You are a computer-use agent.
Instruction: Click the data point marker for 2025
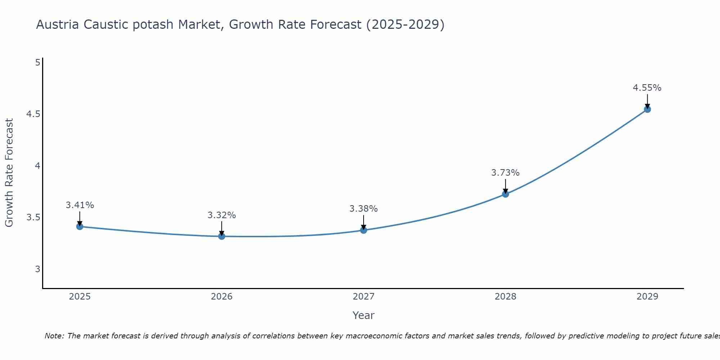click(x=80, y=226)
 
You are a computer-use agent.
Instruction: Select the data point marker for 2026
click(x=222, y=236)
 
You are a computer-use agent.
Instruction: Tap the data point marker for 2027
click(x=364, y=230)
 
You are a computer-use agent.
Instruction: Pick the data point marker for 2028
click(x=505, y=194)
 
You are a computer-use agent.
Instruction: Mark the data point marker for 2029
click(x=647, y=109)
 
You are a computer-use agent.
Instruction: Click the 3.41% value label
click(x=80, y=205)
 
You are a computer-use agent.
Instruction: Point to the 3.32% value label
click(x=222, y=215)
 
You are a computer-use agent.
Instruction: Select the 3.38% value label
click(x=364, y=209)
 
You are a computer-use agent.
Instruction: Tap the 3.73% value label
click(x=505, y=173)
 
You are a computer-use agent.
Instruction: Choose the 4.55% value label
click(x=647, y=88)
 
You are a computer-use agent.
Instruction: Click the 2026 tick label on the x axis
click(x=222, y=297)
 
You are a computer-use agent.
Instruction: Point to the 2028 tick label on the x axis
click(x=505, y=297)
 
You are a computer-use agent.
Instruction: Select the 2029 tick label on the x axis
click(x=647, y=297)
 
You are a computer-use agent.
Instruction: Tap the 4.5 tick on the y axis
click(x=33, y=114)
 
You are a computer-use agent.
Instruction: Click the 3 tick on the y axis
click(x=37, y=269)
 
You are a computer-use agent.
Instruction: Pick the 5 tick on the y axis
click(x=37, y=63)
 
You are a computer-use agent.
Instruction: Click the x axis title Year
click(x=364, y=315)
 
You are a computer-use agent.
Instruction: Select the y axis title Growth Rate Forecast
click(x=9, y=173)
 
